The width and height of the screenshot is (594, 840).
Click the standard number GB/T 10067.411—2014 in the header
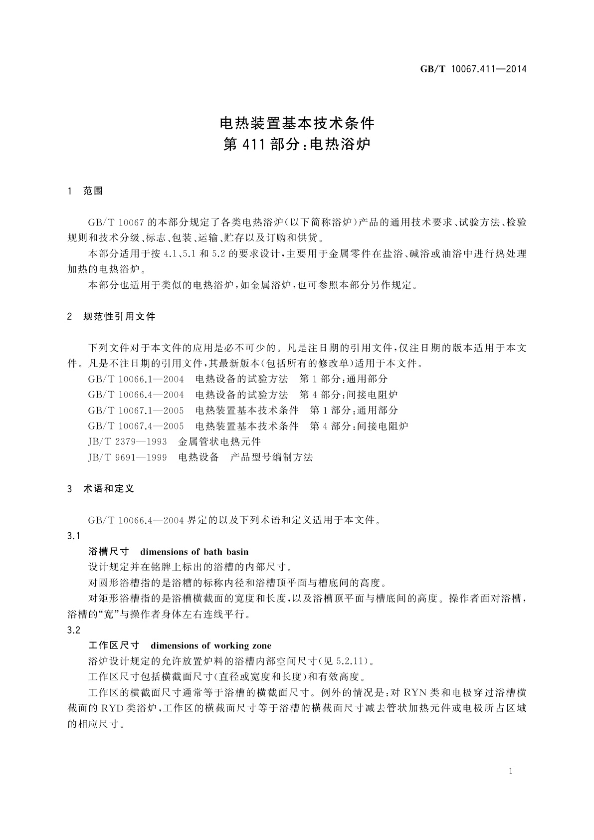(473, 69)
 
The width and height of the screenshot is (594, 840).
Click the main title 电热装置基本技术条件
(297, 123)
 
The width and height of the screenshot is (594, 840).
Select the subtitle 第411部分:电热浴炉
(297, 145)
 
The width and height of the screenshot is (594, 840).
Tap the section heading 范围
(93, 191)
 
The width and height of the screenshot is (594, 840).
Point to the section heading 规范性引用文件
(119, 316)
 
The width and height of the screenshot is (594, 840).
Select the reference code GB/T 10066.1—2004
(136, 379)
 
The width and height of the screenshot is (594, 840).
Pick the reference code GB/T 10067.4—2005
(136, 426)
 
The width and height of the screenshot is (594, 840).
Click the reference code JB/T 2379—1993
(127, 441)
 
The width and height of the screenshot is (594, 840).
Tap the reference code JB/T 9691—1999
(127, 457)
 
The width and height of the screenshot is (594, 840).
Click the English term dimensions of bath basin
(195, 552)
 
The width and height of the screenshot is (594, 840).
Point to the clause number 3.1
(74, 536)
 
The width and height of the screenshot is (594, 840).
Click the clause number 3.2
(74, 630)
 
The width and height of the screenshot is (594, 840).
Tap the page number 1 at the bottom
(511, 771)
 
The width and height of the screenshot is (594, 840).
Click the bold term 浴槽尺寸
(108, 552)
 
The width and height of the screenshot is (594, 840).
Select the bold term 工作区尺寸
(113, 645)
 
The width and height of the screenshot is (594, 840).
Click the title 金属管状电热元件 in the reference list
(219, 441)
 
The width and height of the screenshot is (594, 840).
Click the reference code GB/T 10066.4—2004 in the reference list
(136, 395)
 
